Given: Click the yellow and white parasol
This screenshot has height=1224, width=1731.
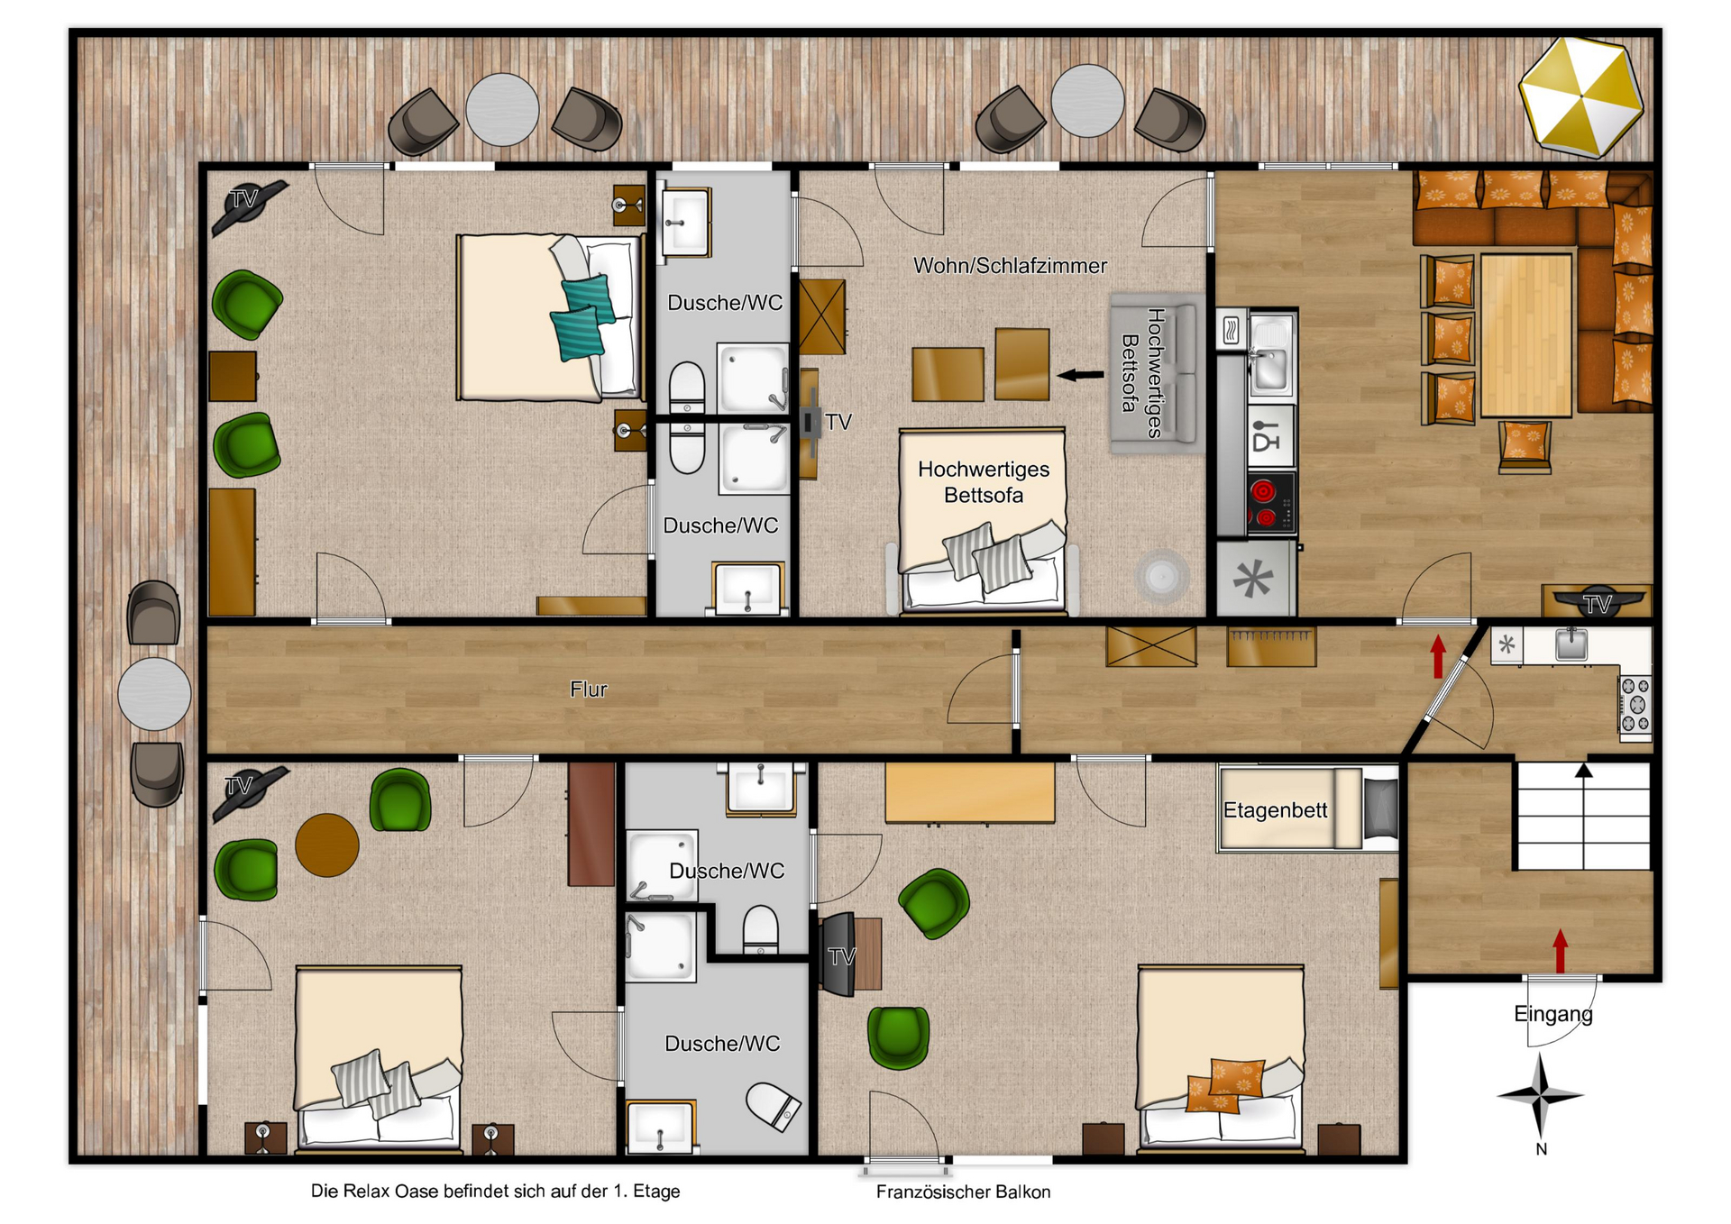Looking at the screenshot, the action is [x=1580, y=96].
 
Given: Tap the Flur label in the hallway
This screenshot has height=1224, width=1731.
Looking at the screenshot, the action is [x=589, y=690].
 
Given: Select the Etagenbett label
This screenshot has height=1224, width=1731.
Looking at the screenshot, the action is [x=1275, y=810].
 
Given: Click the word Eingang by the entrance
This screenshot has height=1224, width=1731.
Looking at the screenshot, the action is [x=1552, y=1014].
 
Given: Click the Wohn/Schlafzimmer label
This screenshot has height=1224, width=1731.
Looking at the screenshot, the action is [x=1010, y=266].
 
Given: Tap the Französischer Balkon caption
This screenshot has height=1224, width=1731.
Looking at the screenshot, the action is [x=963, y=1192].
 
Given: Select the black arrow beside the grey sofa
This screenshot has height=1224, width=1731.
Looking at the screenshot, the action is [x=1080, y=374].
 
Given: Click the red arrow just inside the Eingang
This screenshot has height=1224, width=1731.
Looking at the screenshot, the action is [x=1561, y=951].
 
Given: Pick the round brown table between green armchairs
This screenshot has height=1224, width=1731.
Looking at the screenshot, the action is [x=327, y=845].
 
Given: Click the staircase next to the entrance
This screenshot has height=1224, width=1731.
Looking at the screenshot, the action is [x=1583, y=817].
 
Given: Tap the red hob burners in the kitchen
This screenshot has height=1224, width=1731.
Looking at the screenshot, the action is [x=1263, y=504].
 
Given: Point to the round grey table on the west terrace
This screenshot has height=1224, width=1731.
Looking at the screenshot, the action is [x=154, y=694].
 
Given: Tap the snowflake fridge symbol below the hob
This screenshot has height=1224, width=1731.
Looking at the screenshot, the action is [x=1253, y=579].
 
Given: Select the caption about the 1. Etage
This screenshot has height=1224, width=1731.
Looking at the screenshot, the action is [x=495, y=1191].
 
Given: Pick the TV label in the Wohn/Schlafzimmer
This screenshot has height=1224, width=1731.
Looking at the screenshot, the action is [x=838, y=422].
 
